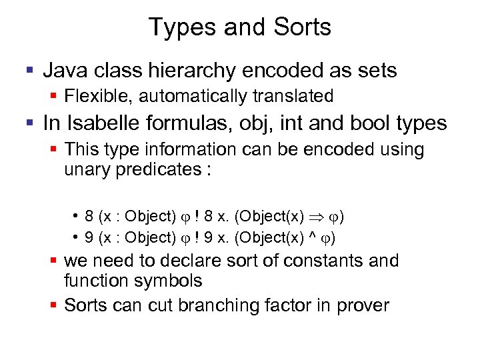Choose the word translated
293,97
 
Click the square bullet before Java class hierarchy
29,69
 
